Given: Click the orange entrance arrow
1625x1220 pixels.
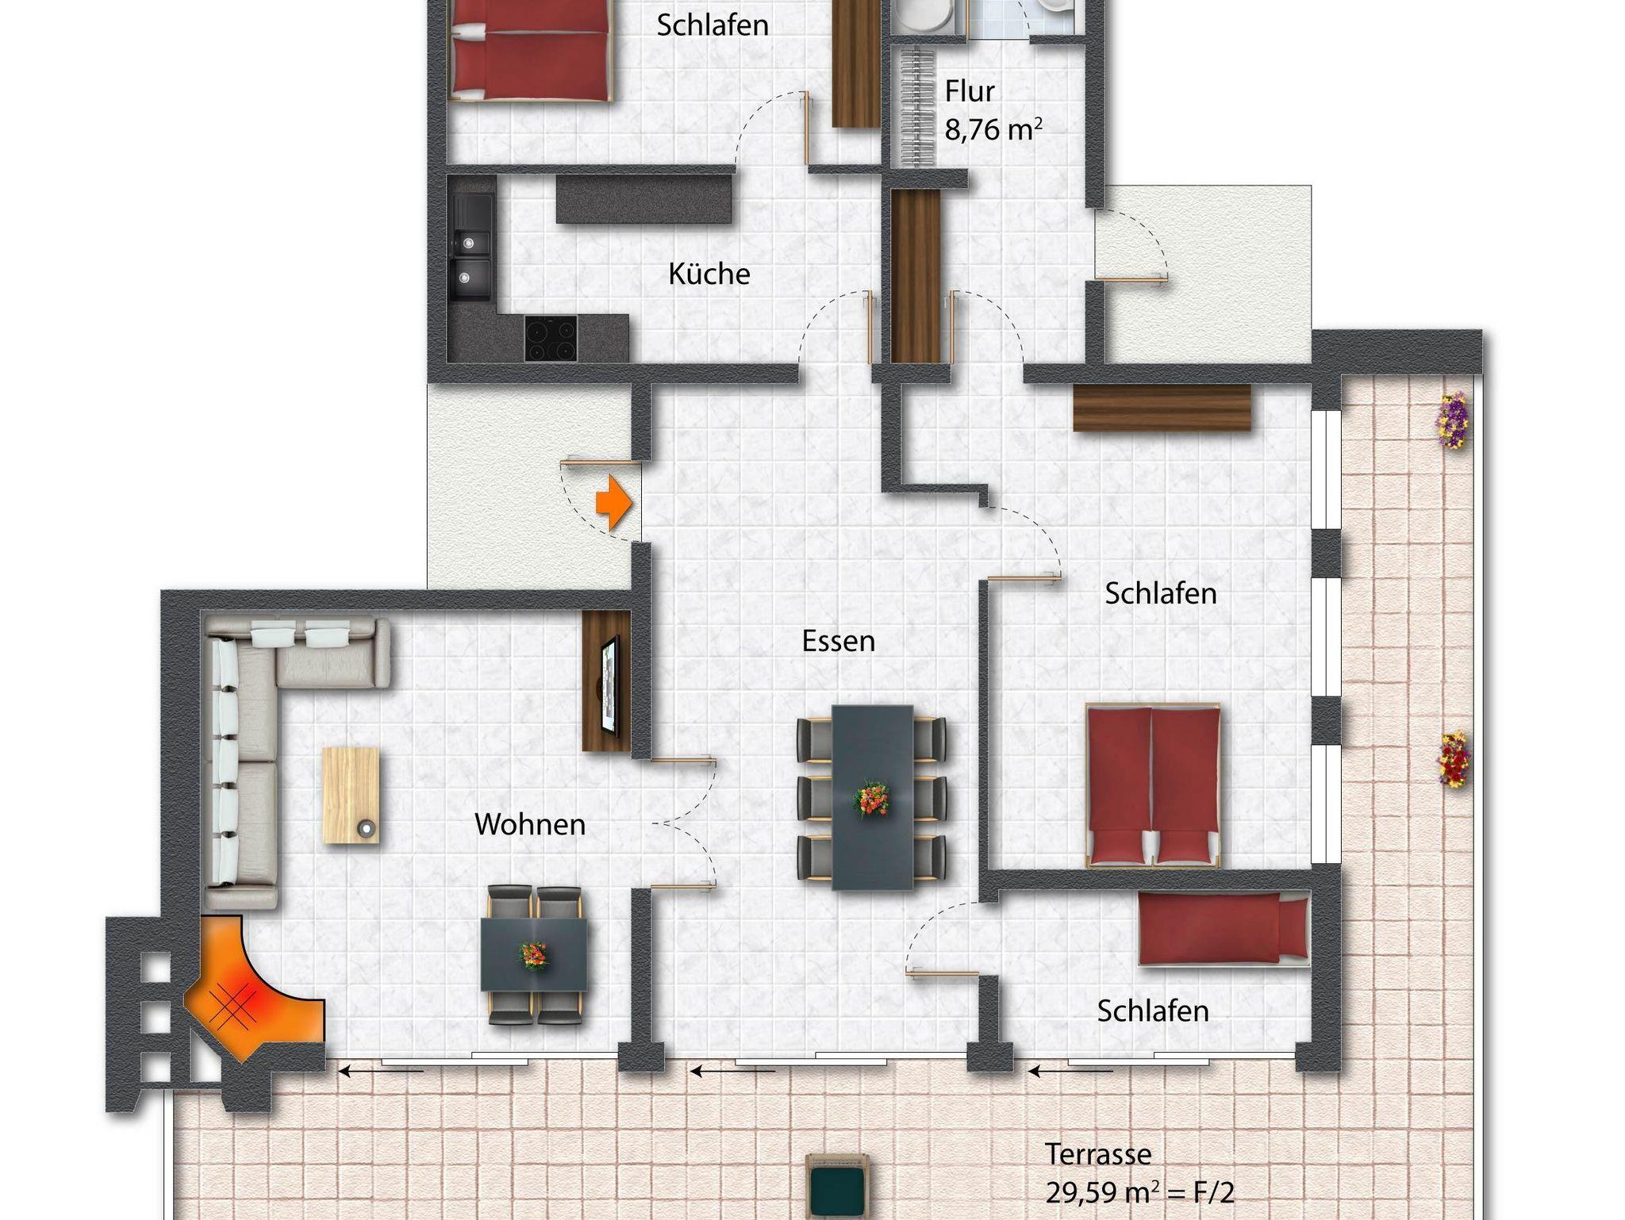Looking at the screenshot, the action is pyautogui.click(x=614, y=502).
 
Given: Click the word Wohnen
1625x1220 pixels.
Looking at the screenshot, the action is pyautogui.click(x=530, y=824).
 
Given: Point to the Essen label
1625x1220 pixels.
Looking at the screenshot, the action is pyautogui.click(x=838, y=641).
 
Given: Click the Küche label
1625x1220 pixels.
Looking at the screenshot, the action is pyautogui.click(x=709, y=274).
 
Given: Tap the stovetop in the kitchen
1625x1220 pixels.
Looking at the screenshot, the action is pyautogui.click(x=550, y=338).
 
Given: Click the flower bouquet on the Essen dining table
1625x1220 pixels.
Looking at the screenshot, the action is pyautogui.click(x=871, y=800).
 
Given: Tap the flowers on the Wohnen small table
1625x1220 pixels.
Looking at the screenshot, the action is pyautogui.click(x=534, y=955).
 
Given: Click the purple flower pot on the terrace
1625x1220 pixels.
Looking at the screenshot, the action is pyautogui.click(x=1454, y=420).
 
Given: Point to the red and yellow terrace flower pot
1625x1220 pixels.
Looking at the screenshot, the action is pyautogui.click(x=1454, y=759).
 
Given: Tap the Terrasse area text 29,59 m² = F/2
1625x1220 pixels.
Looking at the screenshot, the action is pyautogui.click(x=1139, y=1191).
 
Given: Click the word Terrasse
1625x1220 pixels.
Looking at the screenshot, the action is pyautogui.click(x=1098, y=1154).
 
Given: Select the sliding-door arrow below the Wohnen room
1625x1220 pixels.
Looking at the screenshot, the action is pyautogui.click(x=381, y=1071).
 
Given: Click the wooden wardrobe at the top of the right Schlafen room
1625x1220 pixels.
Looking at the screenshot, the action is pyautogui.click(x=1162, y=408).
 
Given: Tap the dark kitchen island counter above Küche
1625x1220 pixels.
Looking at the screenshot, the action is pyautogui.click(x=643, y=199).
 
